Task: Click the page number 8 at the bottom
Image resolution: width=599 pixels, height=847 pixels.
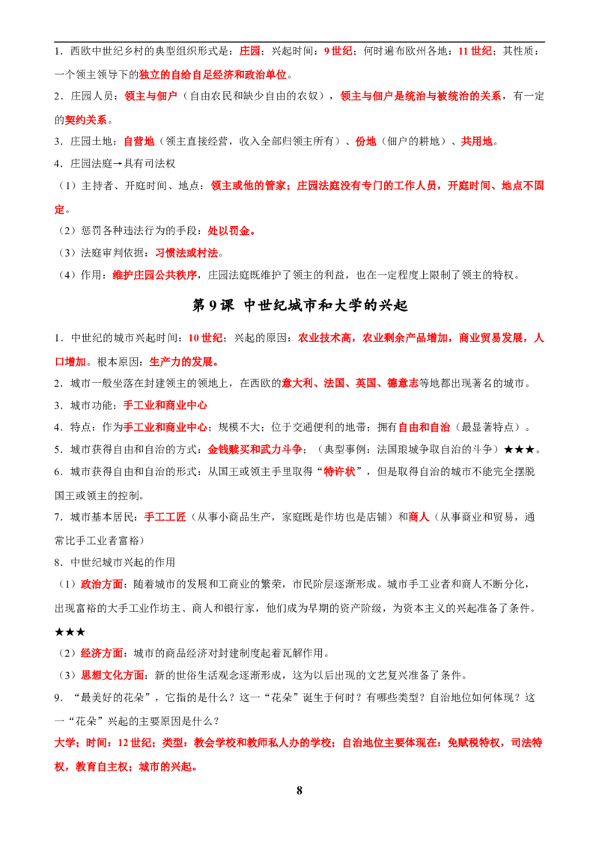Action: (x=299, y=790)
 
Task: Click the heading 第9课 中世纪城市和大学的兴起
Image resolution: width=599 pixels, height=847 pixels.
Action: (x=300, y=305)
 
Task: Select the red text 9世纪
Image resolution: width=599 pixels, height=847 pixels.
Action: (x=338, y=52)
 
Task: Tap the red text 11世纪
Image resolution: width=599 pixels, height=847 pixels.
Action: (x=475, y=52)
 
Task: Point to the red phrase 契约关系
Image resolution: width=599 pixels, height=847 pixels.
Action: (x=86, y=120)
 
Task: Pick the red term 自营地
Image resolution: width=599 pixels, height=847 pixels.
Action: (x=139, y=141)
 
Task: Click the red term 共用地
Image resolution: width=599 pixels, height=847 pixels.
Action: (x=476, y=141)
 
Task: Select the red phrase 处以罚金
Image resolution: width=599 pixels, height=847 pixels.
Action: (x=231, y=231)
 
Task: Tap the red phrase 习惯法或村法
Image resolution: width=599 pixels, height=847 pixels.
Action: (x=186, y=253)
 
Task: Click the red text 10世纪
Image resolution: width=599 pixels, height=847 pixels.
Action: (x=205, y=338)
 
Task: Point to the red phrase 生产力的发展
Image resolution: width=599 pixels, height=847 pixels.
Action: (x=183, y=362)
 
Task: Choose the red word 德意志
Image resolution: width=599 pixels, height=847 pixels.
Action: (x=403, y=384)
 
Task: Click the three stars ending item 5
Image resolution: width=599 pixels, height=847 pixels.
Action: (x=519, y=450)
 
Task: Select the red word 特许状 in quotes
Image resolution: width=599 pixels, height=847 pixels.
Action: (x=339, y=471)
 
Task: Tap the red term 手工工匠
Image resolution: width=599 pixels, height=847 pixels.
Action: (x=165, y=517)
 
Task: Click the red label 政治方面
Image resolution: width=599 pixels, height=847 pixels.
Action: (x=102, y=584)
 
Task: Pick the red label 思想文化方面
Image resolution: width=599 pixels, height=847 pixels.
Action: (x=112, y=675)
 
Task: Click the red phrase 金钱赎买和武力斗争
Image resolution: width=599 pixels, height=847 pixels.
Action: (x=255, y=450)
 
